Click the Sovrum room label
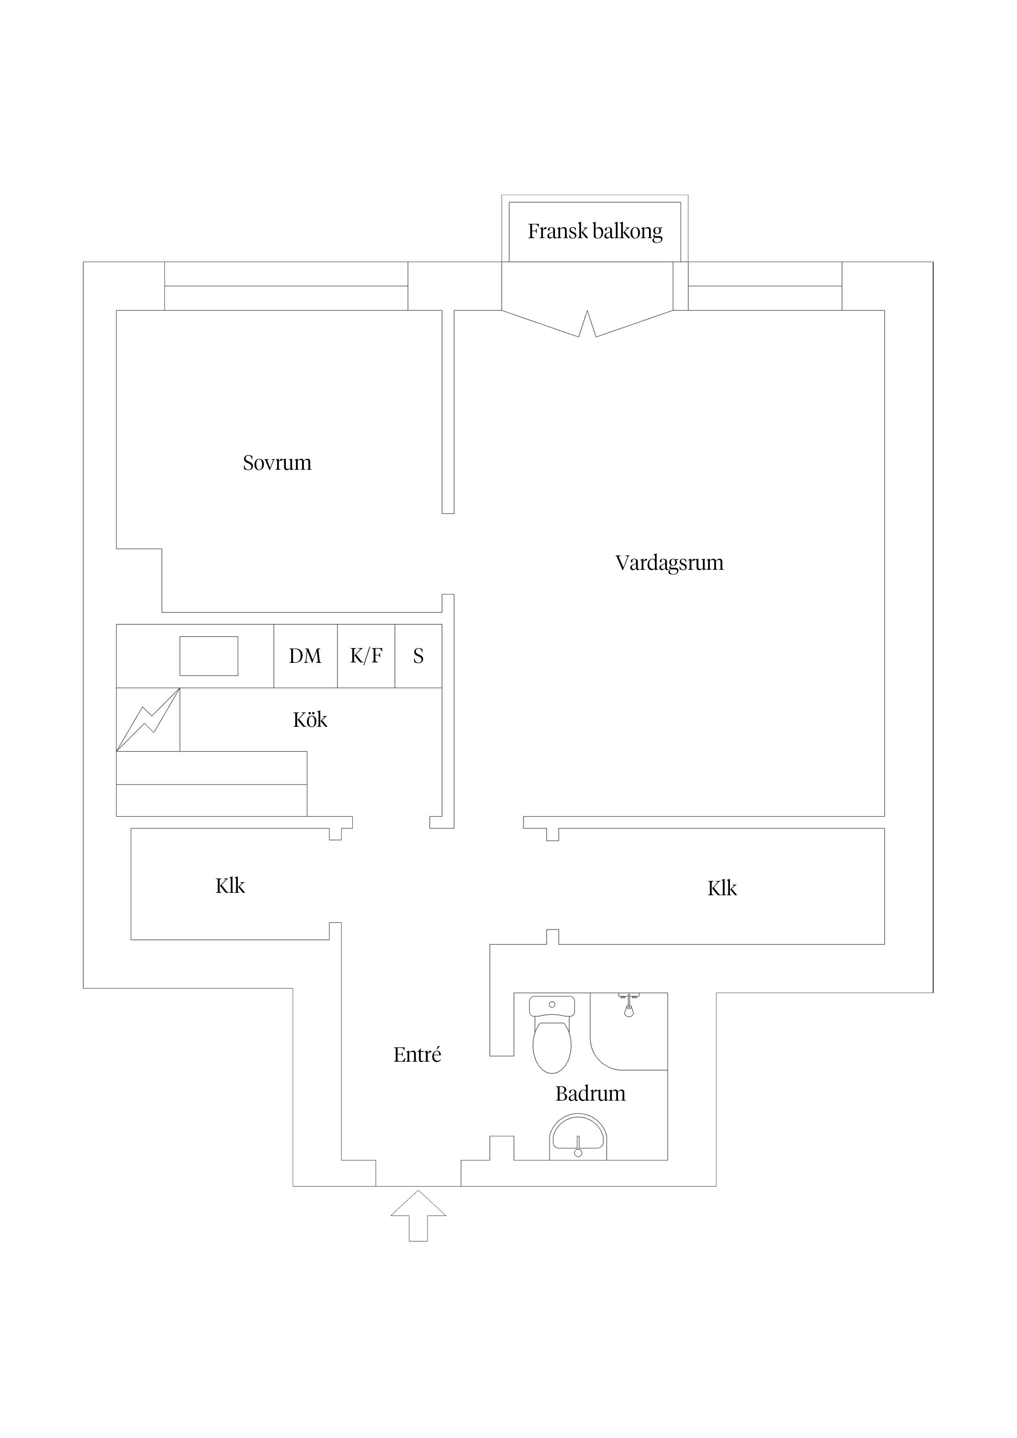[x=277, y=463]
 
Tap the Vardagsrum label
[x=669, y=563]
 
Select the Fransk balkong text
[x=595, y=232]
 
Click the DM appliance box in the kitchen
[x=305, y=656]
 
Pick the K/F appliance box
[x=366, y=656]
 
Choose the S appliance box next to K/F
[x=418, y=656]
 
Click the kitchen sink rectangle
[x=209, y=656]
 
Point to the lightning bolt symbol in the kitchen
[x=148, y=720]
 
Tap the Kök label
[x=310, y=720]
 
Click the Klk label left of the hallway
[x=230, y=886]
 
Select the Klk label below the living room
[x=722, y=889]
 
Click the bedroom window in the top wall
[x=286, y=286]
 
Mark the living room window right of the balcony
[x=764, y=286]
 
